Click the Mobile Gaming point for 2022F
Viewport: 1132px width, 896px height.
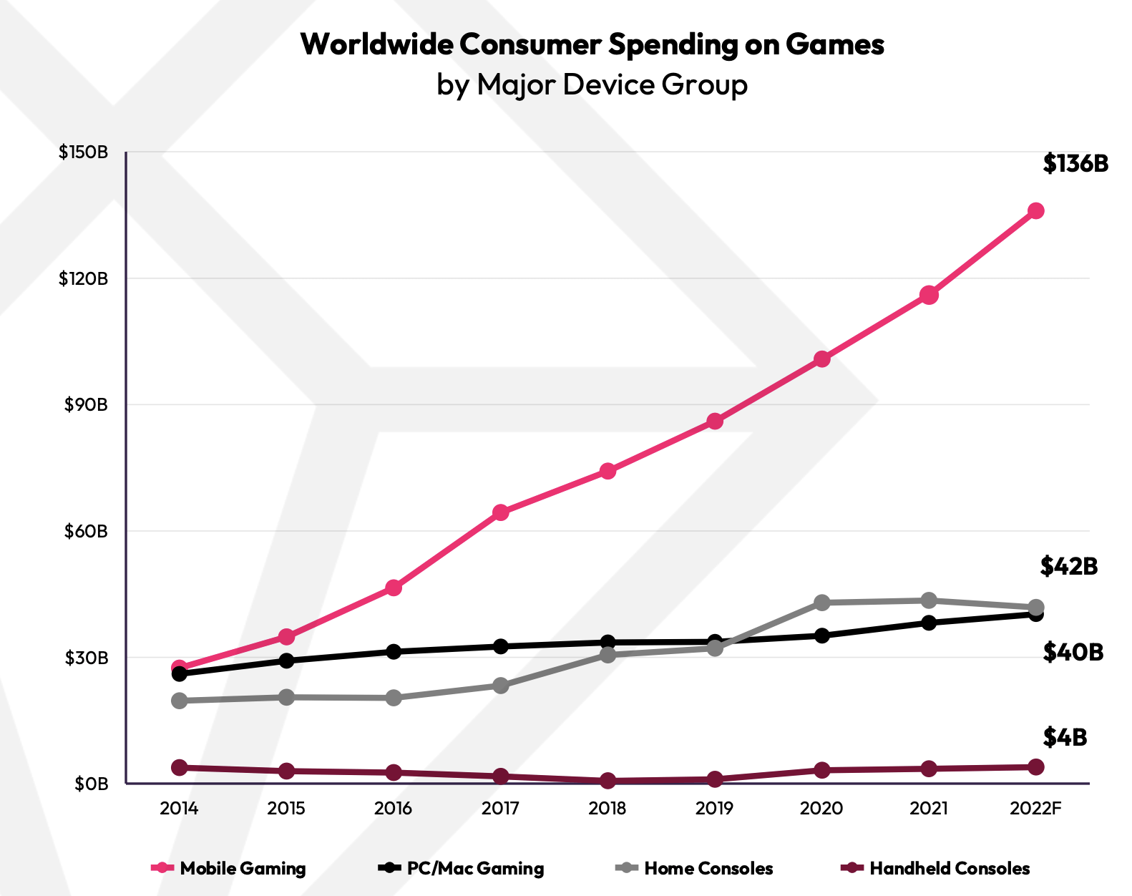(x=1035, y=211)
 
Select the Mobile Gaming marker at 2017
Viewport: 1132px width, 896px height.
(x=500, y=512)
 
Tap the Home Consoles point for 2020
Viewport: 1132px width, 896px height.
(x=821, y=603)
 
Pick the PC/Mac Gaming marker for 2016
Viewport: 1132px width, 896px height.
(x=394, y=651)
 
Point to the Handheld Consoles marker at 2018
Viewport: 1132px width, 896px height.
(x=608, y=781)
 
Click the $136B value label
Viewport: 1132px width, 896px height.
(x=1075, y=164)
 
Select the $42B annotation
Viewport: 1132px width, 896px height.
(x=1068, y=566)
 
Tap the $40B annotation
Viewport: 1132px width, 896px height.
(x=1073, y=652)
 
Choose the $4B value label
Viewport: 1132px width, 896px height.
(x=1065, y=737)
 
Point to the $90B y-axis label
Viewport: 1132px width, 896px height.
(x=86, y=405)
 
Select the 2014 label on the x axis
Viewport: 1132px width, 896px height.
(x=179, y=809)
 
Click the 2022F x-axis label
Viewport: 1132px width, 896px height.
(x=1035, y=809)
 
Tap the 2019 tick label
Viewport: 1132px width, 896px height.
(x=714, y=809)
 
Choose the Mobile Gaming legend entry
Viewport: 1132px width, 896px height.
(x=229, y=869)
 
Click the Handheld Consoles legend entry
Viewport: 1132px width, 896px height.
(x=935, y=869)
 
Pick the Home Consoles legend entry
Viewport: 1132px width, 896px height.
(x=695, y=869)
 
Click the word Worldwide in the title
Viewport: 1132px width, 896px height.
(x=376, y=44)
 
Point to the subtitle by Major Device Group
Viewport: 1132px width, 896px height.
(x=592, y=85)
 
